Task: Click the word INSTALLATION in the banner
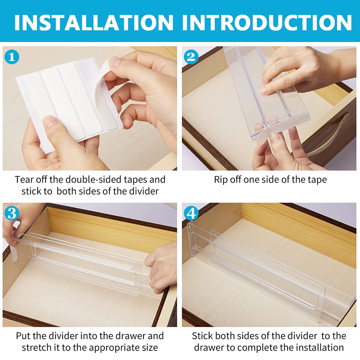(94, 22)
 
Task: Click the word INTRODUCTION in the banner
(267, 22)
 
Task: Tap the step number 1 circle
(12, 57)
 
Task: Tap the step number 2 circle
(191, 57)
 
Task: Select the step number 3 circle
(12, 214)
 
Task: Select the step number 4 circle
(191, 214)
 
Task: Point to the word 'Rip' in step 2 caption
(221, 179)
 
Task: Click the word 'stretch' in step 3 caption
(37, 347)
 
